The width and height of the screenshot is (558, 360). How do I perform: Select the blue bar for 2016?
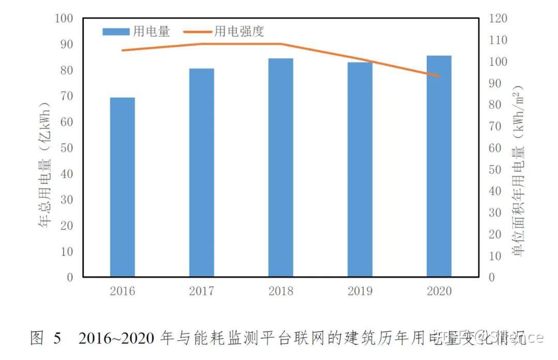tap(122, 187)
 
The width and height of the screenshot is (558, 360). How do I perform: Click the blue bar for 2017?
tap(202, 173)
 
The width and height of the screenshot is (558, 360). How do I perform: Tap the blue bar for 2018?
tap(281, 167)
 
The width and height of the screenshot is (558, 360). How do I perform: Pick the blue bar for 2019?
tap(360, 169)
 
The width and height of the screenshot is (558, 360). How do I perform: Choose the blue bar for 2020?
tap(439, 166)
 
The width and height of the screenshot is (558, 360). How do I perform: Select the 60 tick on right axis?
tap(495, 148)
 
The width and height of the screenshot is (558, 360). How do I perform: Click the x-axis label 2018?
tap(281, 291)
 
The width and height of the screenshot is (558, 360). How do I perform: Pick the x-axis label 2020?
tap(439, 291)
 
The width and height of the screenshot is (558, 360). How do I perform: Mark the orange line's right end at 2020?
tap(439, 76)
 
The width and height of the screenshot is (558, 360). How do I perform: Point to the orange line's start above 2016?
tap(122, 50)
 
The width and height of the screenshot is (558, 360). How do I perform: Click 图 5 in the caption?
tap(45, 338)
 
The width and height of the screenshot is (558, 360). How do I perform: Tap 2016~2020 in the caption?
tap(117, 338)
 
